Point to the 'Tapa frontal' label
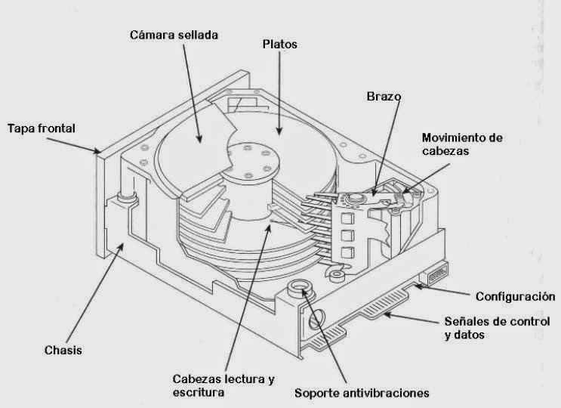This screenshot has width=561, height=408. [x=41, y=128]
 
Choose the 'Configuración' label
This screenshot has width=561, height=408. [x=515, y=296]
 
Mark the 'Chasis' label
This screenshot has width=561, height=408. [x=63, y=350]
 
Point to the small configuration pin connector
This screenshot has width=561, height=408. [x=437, y=274]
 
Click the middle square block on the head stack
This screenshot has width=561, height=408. [x=348, y=235]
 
